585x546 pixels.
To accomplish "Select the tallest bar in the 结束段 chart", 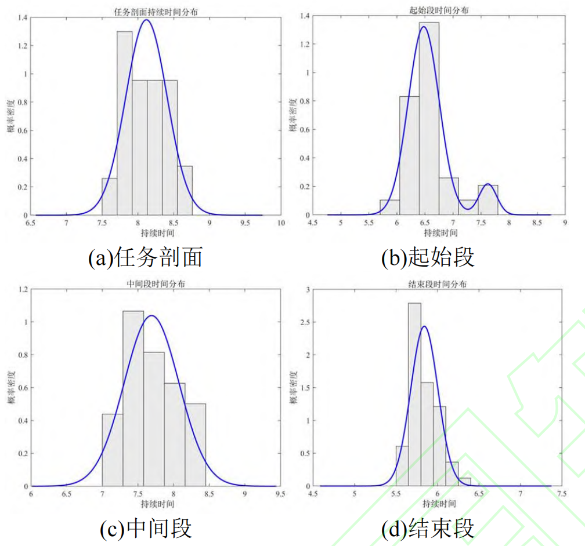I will click(414, 394).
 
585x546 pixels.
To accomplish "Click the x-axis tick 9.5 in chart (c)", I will click(280, 494).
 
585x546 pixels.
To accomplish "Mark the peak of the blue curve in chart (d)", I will click(424, 326).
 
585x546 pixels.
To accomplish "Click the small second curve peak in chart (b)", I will click(488, 184).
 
